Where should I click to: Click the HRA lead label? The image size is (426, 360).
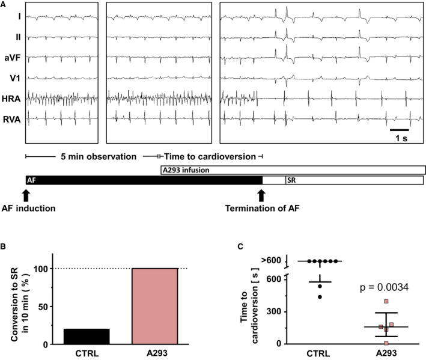(x=10, y=97)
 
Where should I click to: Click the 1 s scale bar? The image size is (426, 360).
(x=400, y=129)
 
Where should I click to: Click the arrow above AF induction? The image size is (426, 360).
(x=25, y=195)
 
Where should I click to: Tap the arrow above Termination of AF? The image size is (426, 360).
(x=261, y=195)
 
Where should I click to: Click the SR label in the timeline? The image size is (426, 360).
(x=290, y=180)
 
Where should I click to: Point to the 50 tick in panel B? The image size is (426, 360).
(x=43, y=307)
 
